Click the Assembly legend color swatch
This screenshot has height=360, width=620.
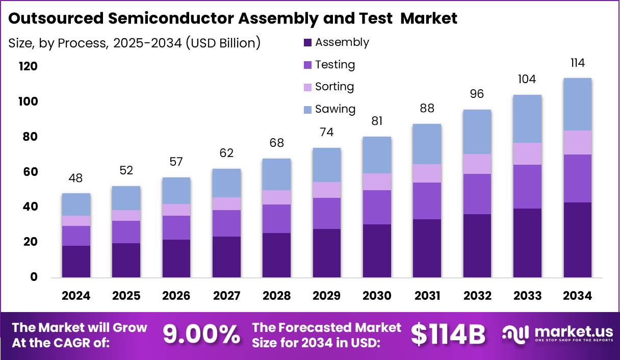(307, 43)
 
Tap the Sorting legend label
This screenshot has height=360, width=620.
(334, 87)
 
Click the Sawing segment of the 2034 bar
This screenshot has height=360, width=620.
(578, 104)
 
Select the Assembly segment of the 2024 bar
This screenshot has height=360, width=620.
(76, 262)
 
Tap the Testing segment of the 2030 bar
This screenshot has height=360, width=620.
(377, 207)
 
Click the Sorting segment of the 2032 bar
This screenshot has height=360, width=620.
(477, 164)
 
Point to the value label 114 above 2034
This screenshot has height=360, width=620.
(578, 63)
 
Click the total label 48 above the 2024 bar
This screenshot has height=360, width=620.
(76, 178)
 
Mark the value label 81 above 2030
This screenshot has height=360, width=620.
(377, 121)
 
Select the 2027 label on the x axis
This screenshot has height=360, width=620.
(226, 296)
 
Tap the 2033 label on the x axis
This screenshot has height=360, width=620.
(527, 296)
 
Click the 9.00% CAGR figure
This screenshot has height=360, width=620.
(201, 335)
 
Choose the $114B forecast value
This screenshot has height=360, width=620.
(448, 335)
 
